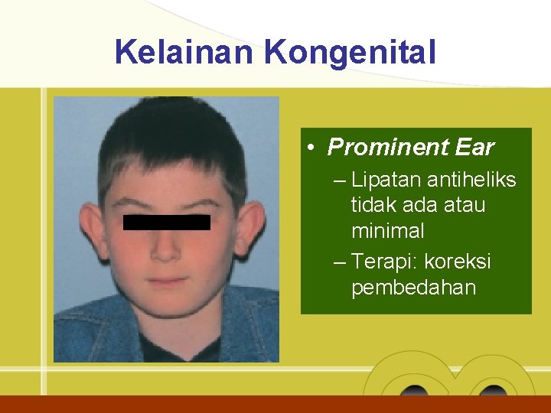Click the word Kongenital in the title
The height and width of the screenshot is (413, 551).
[x=350, y=54]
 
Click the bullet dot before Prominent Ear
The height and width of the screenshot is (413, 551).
[x=315, y=148]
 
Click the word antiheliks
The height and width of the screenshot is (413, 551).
[x=471, y=180]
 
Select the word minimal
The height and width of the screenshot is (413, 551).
[x=387, y=230]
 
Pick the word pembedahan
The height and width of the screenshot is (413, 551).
[x=413, y=288]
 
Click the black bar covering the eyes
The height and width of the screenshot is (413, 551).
[x=167, y=223]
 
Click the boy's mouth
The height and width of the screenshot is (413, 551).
[x=168, y=281]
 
